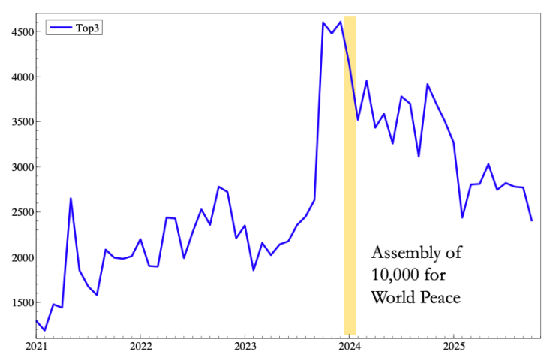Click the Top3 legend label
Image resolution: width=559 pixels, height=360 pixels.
point(88,28)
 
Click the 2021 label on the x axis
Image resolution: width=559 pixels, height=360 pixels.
point(36,346)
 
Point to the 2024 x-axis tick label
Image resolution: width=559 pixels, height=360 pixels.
point(350,346)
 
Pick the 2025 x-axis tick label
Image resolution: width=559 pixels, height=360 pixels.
point(454,346)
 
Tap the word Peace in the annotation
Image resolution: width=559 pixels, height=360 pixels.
point(438,297)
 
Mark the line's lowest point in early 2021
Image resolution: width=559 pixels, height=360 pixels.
point(44,330)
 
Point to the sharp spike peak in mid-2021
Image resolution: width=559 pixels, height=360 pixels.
point(71,198)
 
